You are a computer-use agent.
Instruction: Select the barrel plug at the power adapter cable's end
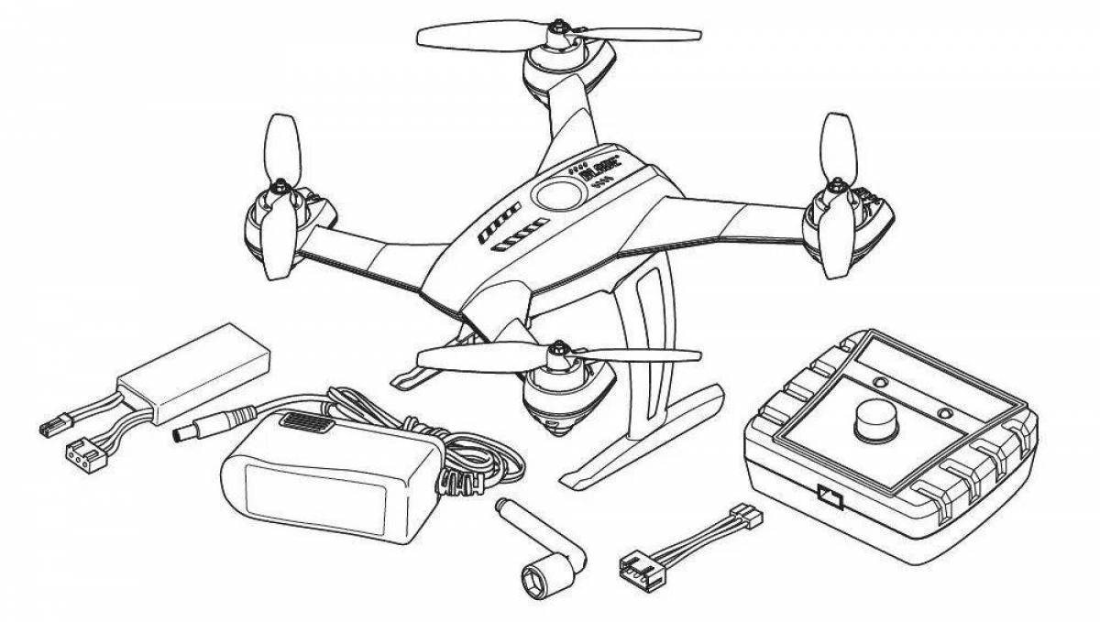(x=196, y=427)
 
